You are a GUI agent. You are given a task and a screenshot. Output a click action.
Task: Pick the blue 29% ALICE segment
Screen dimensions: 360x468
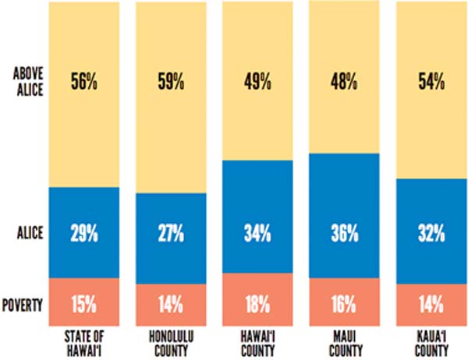tap(82, 231)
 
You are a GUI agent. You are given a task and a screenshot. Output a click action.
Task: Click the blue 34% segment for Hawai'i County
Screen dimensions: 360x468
tap(257, 231)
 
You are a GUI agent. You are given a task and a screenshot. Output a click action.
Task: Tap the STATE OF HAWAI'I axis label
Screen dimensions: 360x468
tap(82, 342)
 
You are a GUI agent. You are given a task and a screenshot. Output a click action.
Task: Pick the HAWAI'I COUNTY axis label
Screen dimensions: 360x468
tap(257, 342)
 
